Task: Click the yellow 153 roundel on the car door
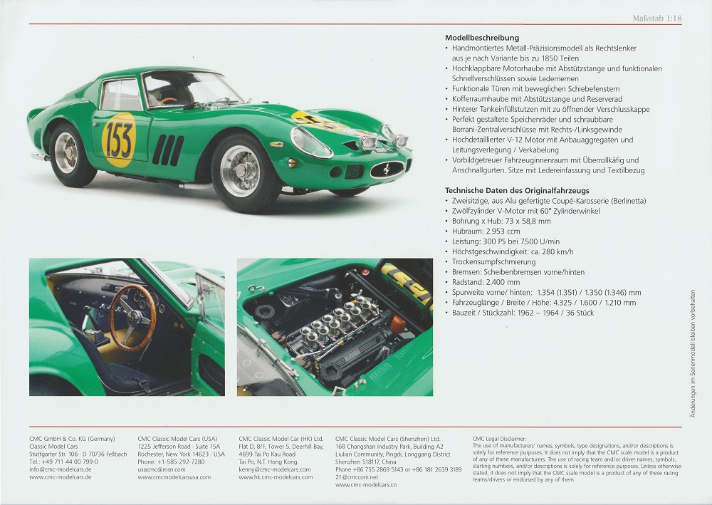pos(119,140)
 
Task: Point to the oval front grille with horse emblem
pos(387,170)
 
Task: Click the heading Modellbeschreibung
pos(482,38)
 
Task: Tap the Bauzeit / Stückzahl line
pos(523,313)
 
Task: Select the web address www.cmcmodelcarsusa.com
pos(174,477)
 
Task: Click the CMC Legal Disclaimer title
pos(499,439)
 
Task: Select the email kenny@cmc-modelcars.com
pos(274,469)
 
